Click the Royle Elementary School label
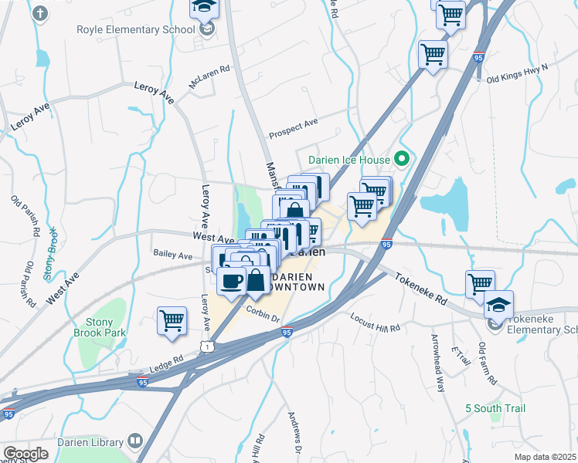pyautogui.click(x=146, y=30)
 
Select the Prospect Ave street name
pyautogui.click(x=294, y=129)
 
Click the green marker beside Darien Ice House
pyautogui.click(x=401, y=160)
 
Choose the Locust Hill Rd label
pyautogui.click(x=376, y=322)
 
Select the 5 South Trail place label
pyautogui.click(x=495, y=408)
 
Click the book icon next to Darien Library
pyautogui.click(x=135, y=441)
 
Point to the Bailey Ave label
pyautogui.click(x=172, y=254)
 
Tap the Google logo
pyautogui.click(x=25, y=453)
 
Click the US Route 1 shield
pyautogui.click(x=206, y=348)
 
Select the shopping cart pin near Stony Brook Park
pyautogui.click(x=172, y=320)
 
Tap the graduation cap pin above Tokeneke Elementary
pyautogui.click(x=498, y=303)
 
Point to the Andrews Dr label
pyautogui.click(x=296, y=434)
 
